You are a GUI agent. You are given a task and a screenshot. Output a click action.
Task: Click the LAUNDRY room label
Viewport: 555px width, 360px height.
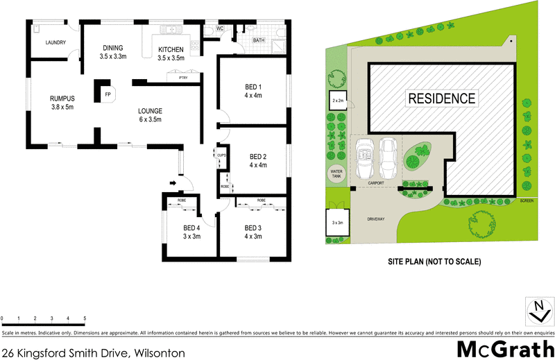(x=55, y=43)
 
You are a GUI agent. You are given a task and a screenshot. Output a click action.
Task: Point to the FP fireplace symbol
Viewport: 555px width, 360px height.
(x=108, y=94)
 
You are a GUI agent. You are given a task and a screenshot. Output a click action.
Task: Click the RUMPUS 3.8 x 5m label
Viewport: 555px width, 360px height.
(x=62, y=103)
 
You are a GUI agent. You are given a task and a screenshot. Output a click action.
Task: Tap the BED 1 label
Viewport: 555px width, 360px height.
(x=253, y=90)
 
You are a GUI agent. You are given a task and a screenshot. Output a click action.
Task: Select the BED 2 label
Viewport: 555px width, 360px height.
(x=258, y=161)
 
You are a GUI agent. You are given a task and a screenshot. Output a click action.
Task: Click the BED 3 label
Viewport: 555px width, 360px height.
(x=253, y=232)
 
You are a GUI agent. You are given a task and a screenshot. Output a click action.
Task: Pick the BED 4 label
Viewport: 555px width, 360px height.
(x=191, y=232)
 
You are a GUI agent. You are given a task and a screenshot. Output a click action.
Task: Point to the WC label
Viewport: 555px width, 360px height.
(x=219, y=28)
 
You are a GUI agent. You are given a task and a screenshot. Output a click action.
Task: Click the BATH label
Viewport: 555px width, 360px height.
(x=259, y=41)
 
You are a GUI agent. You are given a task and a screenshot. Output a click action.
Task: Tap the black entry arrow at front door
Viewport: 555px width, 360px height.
(x=172, y=183)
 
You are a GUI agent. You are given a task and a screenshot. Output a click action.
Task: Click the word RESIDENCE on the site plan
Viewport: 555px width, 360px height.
(x=441, y=98)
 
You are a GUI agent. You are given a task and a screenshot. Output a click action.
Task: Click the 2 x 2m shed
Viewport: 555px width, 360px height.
(x=338, y=101)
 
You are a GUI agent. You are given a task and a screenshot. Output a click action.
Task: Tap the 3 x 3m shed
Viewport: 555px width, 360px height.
(x=338, y=223)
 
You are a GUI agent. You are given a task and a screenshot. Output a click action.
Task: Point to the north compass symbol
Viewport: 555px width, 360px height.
(x=538, y=311)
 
